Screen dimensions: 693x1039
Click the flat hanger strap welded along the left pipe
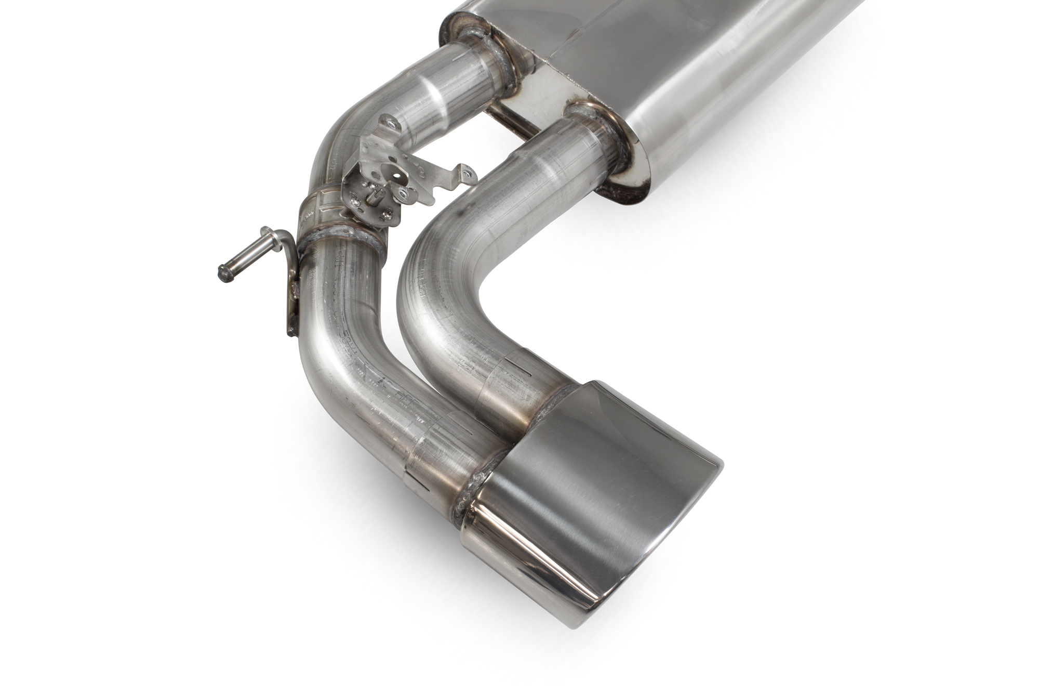(291, 302)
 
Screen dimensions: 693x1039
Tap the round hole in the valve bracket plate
(398, 176)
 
